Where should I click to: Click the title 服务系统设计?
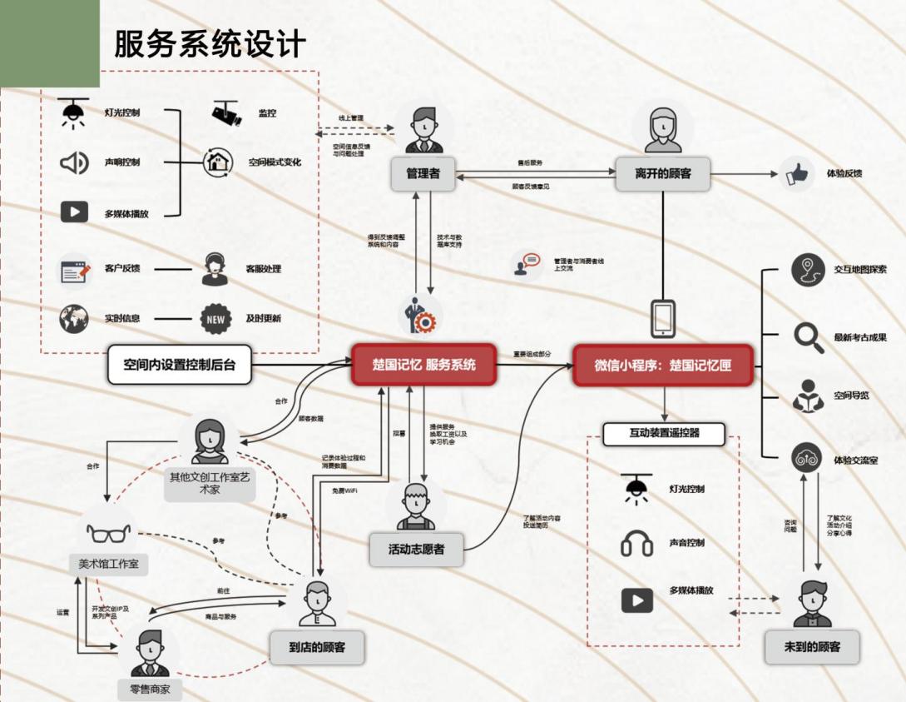pos(210,44)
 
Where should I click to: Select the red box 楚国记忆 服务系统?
pos(423,365)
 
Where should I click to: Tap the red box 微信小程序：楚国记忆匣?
pos(662,366)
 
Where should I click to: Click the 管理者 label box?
pos(423,174)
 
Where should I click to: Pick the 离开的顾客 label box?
pos(662,174)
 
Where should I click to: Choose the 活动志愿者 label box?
pos(416,550)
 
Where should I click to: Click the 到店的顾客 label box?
pos(317,647)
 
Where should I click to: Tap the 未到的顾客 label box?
pos(811,646)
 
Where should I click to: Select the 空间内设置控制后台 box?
pos(180,365)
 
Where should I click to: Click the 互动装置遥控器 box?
pos(663,434)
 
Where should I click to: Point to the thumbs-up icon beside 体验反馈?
pos(798,174)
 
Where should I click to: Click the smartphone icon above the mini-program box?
pos(663,318)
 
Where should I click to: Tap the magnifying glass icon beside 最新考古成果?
pos(808,337)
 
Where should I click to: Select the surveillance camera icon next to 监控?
pos(226,113)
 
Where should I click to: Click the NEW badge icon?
pos(215,319)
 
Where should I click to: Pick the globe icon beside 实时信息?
pos(74,319)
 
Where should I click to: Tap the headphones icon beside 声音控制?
pos(637,545)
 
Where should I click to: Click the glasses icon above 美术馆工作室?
pos(109,531)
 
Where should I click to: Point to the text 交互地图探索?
pos(860,269)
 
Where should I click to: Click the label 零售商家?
pos(150,689)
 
